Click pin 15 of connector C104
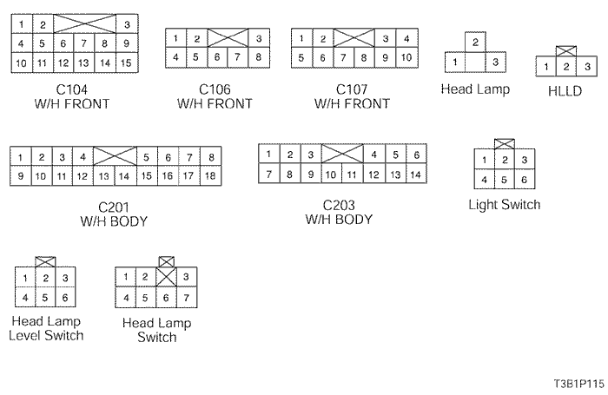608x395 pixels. pos(127,63)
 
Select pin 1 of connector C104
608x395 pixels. pos(21,24)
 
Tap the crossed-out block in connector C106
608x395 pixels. pos(227,38)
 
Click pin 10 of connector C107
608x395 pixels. pos(405,58)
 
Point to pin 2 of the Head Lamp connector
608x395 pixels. pos(474,43)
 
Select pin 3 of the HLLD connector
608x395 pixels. pos(588,67)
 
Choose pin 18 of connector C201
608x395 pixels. pos(209,176)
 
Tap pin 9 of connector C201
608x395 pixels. pos(20,176)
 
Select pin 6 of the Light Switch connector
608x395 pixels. pos(523,180)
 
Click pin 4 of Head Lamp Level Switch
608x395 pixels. pos(26,297)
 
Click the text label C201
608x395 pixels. pos(112,207)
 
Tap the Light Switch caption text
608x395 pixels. pos(504,205)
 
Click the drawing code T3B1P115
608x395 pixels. pos(574,382)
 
